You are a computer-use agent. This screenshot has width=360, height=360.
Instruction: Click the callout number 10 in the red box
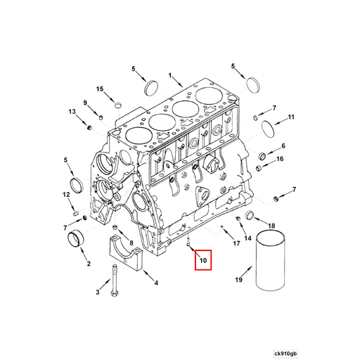(x=203, y=260)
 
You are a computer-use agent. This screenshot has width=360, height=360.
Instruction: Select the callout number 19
(x=238, y=280)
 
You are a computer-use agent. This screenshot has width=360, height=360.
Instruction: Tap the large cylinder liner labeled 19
(x=270, y=261)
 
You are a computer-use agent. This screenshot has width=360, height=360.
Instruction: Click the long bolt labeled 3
(x=114, y=281)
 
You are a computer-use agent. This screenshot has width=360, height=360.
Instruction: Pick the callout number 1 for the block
(x=170, y=75)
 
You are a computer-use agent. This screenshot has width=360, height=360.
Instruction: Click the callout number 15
(x=100, y=89)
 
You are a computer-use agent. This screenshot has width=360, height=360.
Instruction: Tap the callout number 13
(x=72, y=112)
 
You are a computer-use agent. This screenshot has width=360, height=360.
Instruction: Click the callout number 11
(x=291, y=117)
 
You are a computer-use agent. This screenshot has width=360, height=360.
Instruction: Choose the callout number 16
(x=280, y=159)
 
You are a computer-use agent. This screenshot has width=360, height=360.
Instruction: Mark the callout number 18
(x=271, y=226)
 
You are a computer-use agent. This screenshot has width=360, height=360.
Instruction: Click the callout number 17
(x=236, y=243)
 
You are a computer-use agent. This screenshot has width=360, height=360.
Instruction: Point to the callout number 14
(x=247, y=238)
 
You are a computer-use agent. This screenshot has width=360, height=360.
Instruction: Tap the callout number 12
(x=66, y=194)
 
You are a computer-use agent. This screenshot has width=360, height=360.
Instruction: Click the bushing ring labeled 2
(x=76, y=238)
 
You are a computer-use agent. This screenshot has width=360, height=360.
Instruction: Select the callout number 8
(x=131, y=243)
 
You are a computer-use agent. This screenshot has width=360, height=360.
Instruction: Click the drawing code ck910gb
(x=285, y=353)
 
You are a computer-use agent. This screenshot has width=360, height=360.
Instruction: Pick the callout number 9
(x=85, y=103)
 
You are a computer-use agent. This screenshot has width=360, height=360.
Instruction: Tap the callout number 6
(x=283, y=146)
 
